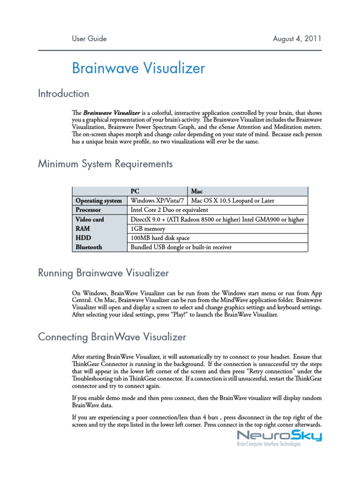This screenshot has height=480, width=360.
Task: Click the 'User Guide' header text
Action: (89, 38)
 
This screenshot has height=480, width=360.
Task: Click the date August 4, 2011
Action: (297, 38)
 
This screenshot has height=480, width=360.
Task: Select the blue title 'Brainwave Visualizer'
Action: (138, 68)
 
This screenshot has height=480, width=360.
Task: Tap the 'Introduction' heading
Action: (63, 94)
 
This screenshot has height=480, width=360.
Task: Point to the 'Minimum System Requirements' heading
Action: (105, 164)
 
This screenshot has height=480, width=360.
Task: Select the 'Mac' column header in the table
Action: (197, 191)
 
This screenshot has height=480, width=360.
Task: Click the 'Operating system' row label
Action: (99, 201)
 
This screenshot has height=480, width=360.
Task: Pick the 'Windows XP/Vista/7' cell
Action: (157, 201)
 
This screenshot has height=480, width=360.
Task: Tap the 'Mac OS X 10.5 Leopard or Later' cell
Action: (233, 201)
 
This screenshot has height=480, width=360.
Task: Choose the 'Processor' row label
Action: (89, 210)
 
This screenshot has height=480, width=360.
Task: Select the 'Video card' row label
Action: (90, 219)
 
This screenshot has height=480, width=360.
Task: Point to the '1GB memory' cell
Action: (149, 228)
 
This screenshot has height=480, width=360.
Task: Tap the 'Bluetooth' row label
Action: (89, 247)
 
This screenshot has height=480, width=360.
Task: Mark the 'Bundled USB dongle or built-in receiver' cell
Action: (181, 247)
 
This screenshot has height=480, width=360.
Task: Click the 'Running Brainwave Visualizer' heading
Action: (103, 273)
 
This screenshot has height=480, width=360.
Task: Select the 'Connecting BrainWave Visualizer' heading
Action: (112, 337)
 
